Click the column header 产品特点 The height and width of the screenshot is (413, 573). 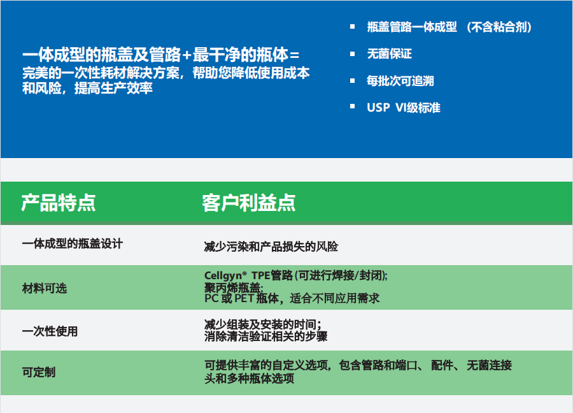[59, 203]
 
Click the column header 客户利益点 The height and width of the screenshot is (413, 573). [249, 203]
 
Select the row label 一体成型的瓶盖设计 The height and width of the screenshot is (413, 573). [73, 243]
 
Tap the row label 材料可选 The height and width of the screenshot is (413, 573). [45, 288]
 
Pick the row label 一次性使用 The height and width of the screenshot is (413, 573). [50, 331]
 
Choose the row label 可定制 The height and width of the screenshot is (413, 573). [39, 372]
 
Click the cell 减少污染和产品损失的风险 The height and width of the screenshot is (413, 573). [271, 247]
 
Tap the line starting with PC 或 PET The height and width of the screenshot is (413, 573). [292, 298]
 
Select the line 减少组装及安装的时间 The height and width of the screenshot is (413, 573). [263, 324]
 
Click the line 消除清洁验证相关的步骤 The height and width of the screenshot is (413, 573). [265, 336]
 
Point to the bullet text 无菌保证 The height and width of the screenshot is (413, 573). [390, 54]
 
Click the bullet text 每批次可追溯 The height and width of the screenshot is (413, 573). [400, 81]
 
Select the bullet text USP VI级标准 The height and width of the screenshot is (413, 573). [404, 108]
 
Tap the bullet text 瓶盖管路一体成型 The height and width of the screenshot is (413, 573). [412, 27]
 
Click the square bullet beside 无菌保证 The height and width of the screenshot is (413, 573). [352, 54]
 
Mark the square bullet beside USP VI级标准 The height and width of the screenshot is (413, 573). [352, 106]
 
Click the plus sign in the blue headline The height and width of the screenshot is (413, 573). [187, 55]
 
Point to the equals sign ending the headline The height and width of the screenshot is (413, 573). [295, 55]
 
